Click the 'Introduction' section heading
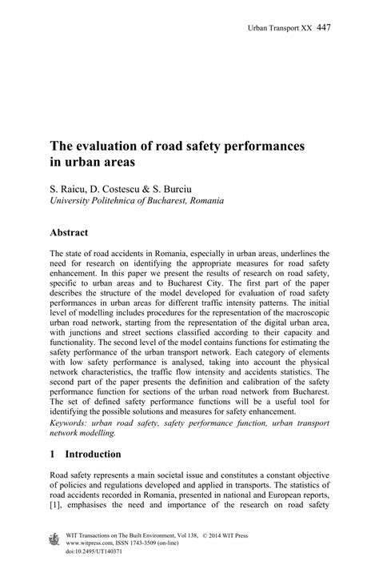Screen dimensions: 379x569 [93, 453]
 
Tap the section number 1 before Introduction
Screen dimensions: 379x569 [53, 453]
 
